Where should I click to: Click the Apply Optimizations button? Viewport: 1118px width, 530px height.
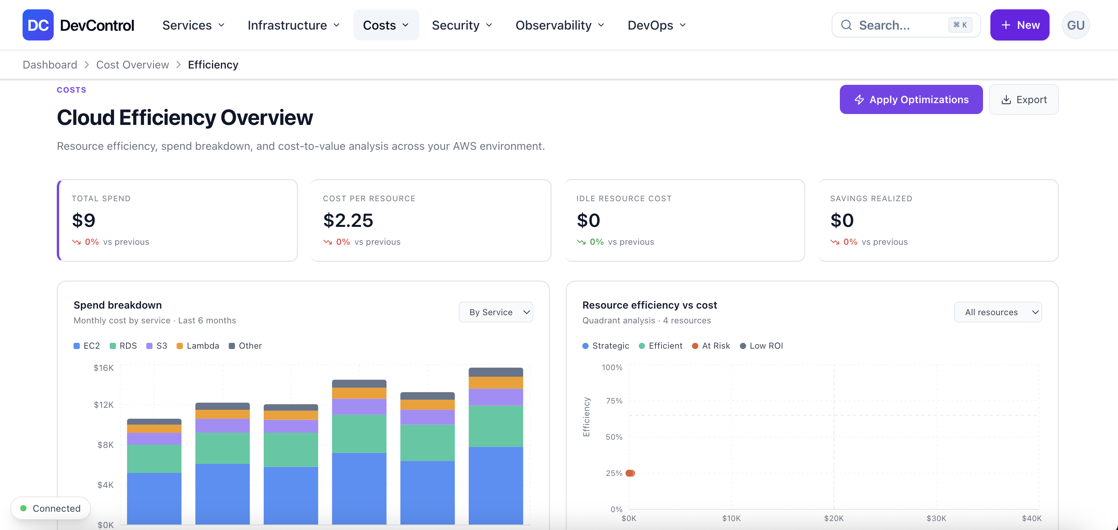[x=911, y=99]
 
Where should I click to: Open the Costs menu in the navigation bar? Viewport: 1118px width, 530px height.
[x=386, y=25]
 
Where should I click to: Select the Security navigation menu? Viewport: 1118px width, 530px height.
[x=462, y=25]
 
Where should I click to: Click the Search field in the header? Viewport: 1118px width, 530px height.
[x=906, y=25]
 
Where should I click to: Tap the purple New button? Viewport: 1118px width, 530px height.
[x=1020, y=25]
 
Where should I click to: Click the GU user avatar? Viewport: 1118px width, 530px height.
[x=1076, y=25]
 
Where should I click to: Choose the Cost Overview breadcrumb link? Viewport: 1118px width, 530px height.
[x=132, y=65]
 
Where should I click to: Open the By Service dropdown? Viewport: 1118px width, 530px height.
[x=496, y=312]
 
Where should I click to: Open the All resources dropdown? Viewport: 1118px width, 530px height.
[x=998, y=312]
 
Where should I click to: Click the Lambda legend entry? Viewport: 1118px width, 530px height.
[x=198, y=346]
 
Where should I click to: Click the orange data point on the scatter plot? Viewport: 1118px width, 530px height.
[x=630, y=473]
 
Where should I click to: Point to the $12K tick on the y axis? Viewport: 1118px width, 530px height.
[x=104, y=405]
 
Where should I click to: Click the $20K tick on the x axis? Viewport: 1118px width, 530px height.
[x=834, y=518]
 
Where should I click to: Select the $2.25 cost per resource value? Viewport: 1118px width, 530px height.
[x=348, y=220]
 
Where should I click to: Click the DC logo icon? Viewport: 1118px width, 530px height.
[x=38, y=25]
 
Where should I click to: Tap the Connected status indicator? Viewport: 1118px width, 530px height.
[x=51, y=508]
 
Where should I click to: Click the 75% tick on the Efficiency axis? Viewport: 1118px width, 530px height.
[x=614, y=401]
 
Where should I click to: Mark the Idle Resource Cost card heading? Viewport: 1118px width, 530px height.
[x=624, y=198]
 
